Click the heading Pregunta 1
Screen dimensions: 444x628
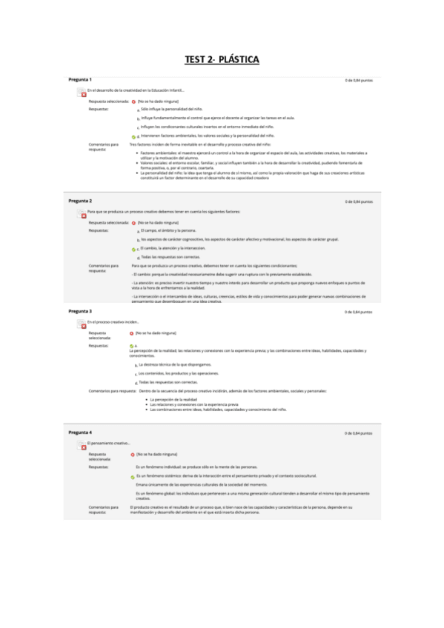pyautogui.click(x=80, y=79)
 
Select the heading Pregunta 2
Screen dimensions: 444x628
pyautogui.click(x=80, y=201)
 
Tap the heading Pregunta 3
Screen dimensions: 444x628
pyautogui.click(x=80, y=311)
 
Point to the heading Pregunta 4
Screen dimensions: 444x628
pyautogui.click(x=80, y=432)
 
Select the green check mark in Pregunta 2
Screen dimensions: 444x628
pyautogui.click(x=133, y=249)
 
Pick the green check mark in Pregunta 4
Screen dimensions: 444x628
pyautogui.click(x=133, y=475)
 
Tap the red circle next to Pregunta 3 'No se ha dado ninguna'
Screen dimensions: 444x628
pyautogui.click(x=131, y=333)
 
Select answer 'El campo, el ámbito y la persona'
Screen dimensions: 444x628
pyautogui.click(x=168, y=231)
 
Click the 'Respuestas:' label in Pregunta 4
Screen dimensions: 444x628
pyautogui.click(x=100, y=467)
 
